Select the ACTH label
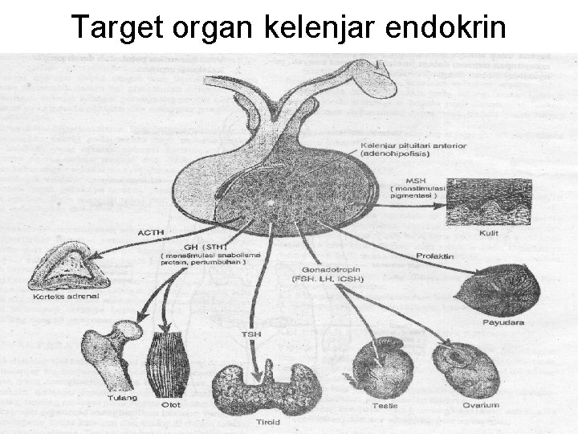(150, 232)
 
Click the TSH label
(252, 333)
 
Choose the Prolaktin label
(435, 256)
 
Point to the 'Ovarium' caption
(480, 405)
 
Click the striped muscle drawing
(169, 362)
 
